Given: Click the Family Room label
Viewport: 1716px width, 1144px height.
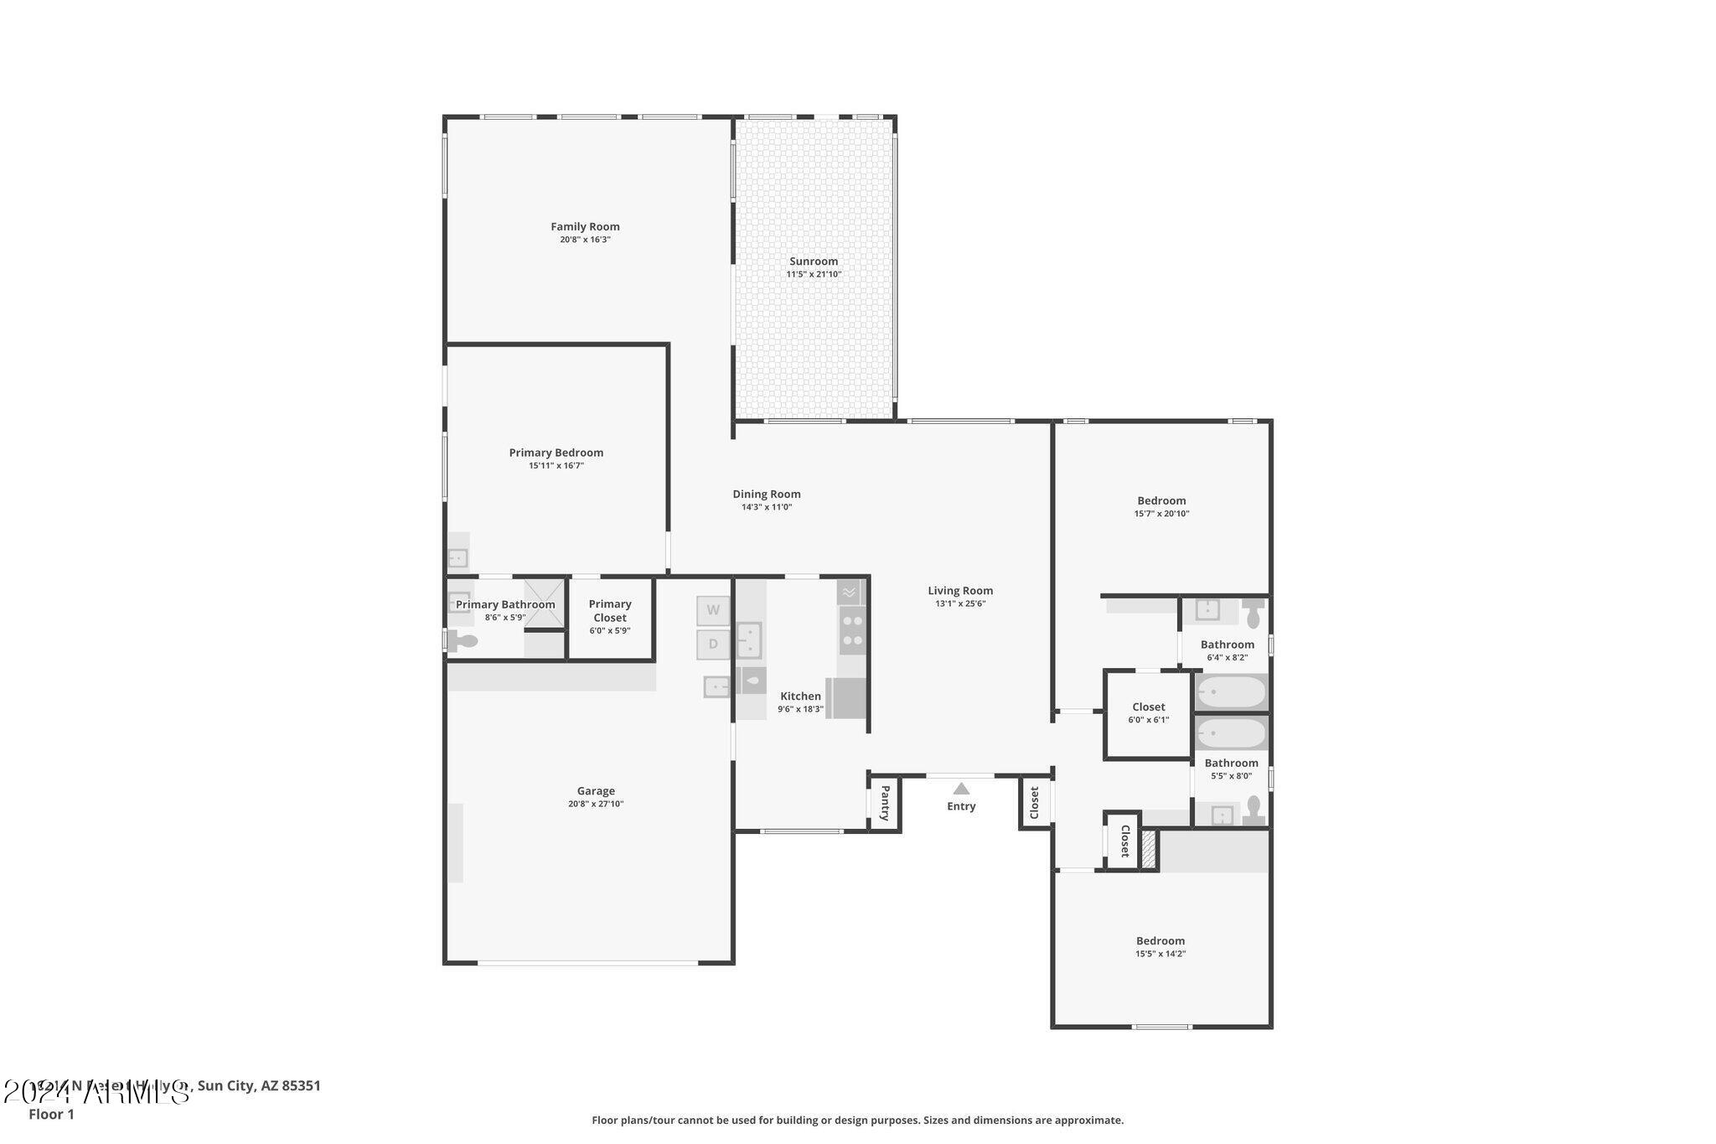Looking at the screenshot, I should point(585,226).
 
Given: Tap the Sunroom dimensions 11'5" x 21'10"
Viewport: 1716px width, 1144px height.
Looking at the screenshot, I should point(813,274).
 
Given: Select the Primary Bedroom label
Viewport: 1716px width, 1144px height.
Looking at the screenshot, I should point(556,453).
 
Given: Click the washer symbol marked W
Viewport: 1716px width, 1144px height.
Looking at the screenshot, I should point(713,610).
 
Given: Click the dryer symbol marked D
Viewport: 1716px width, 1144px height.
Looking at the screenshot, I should point(713,644).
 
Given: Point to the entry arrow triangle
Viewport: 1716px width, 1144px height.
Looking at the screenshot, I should point(961,789).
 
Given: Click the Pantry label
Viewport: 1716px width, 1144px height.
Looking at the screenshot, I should point(885,804).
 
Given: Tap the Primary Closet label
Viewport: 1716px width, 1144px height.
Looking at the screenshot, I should point(609,610).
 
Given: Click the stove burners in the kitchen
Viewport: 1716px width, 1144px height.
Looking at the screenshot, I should point(852,630).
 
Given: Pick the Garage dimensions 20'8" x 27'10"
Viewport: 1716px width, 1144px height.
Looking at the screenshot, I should point(595,804).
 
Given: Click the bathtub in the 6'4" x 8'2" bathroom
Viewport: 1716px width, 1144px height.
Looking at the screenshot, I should point(1230,693).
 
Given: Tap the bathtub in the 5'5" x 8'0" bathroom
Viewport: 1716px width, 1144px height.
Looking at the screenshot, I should point(1230,734).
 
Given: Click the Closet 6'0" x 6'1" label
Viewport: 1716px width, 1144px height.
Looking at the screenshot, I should point(1148,707).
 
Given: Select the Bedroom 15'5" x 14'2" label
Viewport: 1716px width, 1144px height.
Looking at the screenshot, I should point(1160,940).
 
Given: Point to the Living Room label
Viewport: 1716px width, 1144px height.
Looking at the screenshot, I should point(959,590).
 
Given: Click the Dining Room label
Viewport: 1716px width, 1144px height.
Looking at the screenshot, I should point(766,494).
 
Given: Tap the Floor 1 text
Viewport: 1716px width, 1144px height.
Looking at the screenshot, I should point(51,1114).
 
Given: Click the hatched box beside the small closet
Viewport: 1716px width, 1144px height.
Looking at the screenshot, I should point(1149,849).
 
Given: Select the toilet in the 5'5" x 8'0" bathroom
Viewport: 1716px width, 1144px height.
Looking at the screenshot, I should point(1253,810).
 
